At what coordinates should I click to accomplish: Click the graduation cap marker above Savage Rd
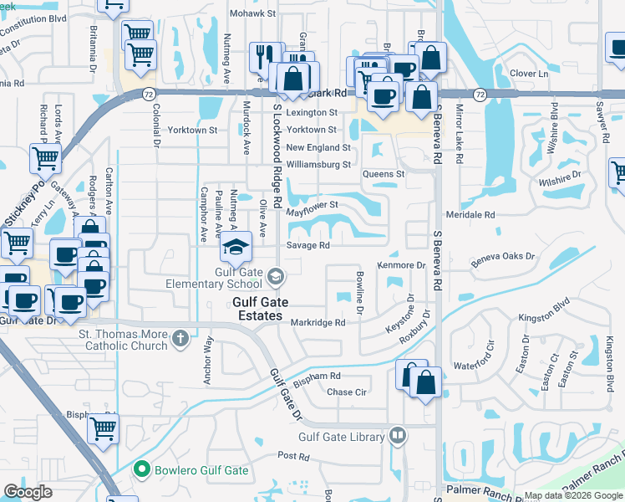236,247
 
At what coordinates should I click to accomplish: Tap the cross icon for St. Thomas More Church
180,339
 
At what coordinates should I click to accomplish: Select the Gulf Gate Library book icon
398,436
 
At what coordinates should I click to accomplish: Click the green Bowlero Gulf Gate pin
142,470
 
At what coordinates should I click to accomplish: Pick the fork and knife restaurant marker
266,54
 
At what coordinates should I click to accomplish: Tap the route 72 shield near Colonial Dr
148,95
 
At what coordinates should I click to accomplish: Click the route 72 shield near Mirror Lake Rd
480,95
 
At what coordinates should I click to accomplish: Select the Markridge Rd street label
318,323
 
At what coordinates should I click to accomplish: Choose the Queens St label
383,174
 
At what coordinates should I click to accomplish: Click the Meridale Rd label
471,215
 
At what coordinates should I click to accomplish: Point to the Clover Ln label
528,74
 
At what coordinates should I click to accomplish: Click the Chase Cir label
347,392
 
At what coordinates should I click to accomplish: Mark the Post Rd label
293,457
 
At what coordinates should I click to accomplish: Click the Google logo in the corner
28,492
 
